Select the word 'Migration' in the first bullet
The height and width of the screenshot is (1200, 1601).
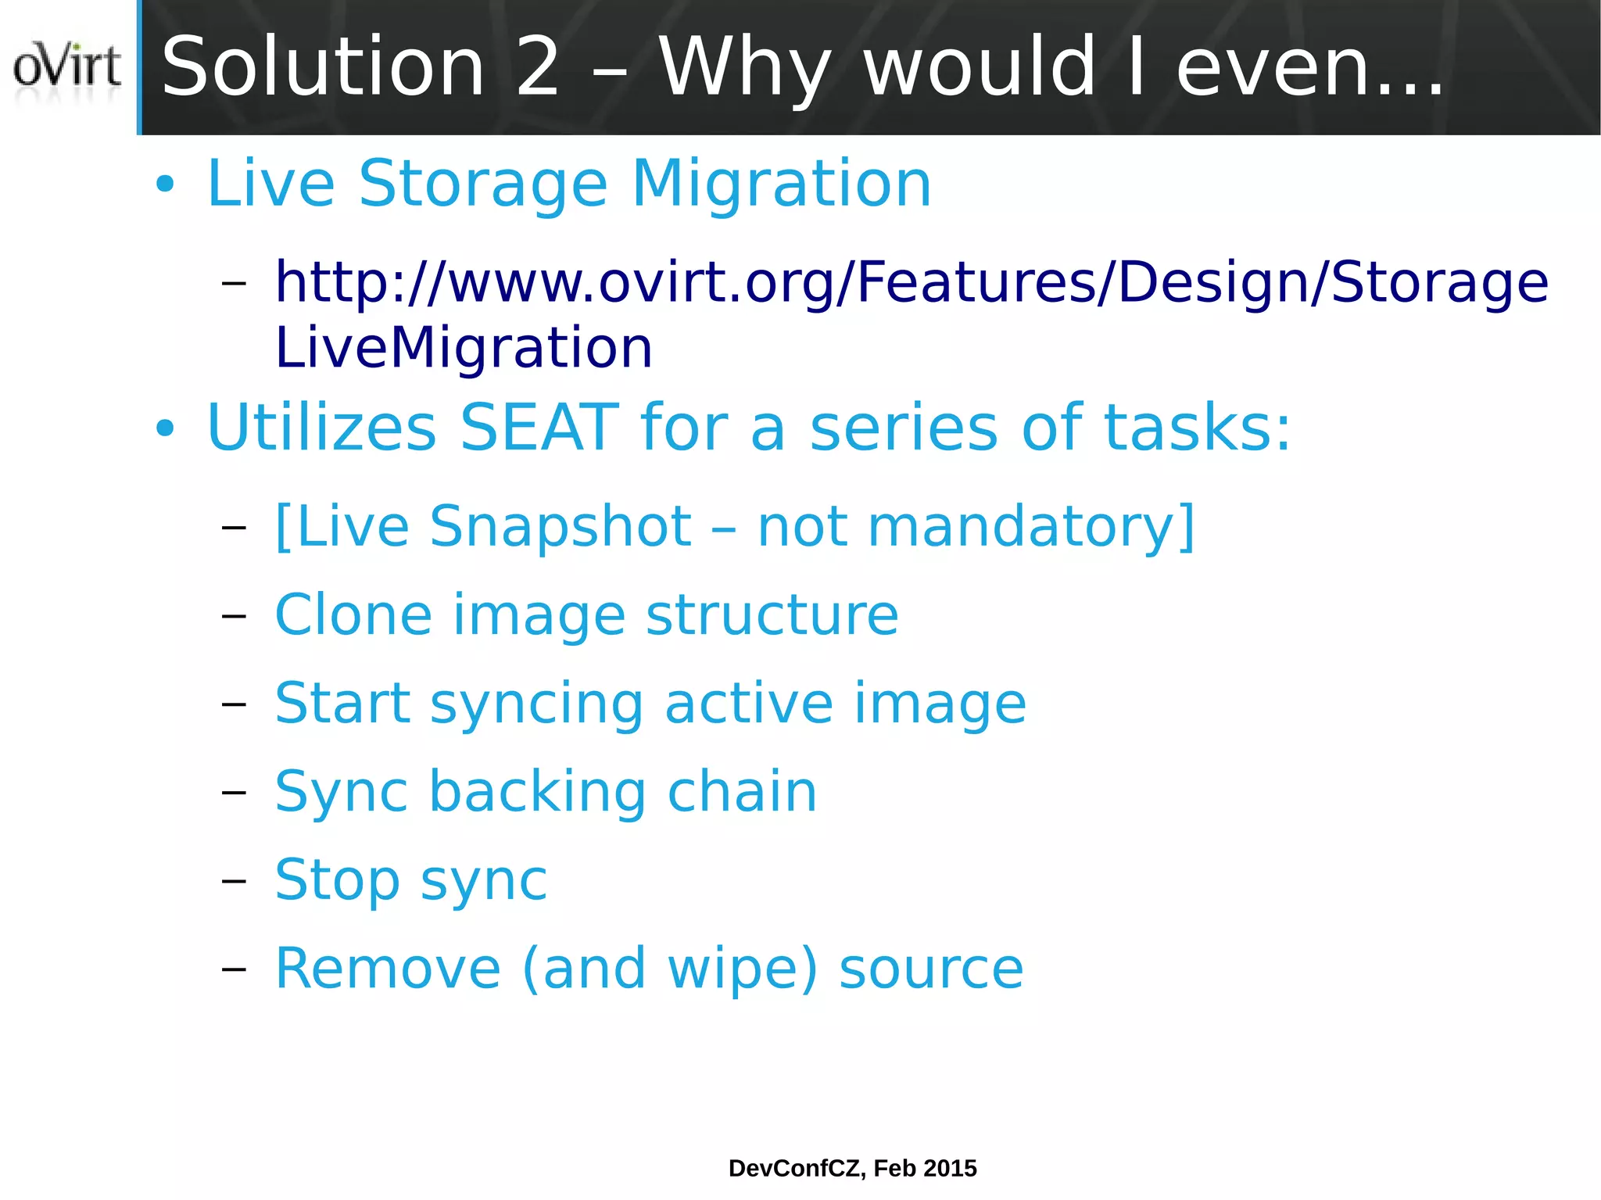(x=781, y=184)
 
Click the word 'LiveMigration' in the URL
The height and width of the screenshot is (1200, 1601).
(x=464, y=347)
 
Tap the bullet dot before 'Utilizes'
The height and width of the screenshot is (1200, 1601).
(x=165, y=428)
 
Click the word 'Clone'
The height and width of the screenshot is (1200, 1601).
(x=353, y=615)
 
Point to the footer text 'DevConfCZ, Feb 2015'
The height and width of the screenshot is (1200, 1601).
(x=852, y=1168)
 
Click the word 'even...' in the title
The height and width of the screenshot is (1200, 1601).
(x=1309, y=69)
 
